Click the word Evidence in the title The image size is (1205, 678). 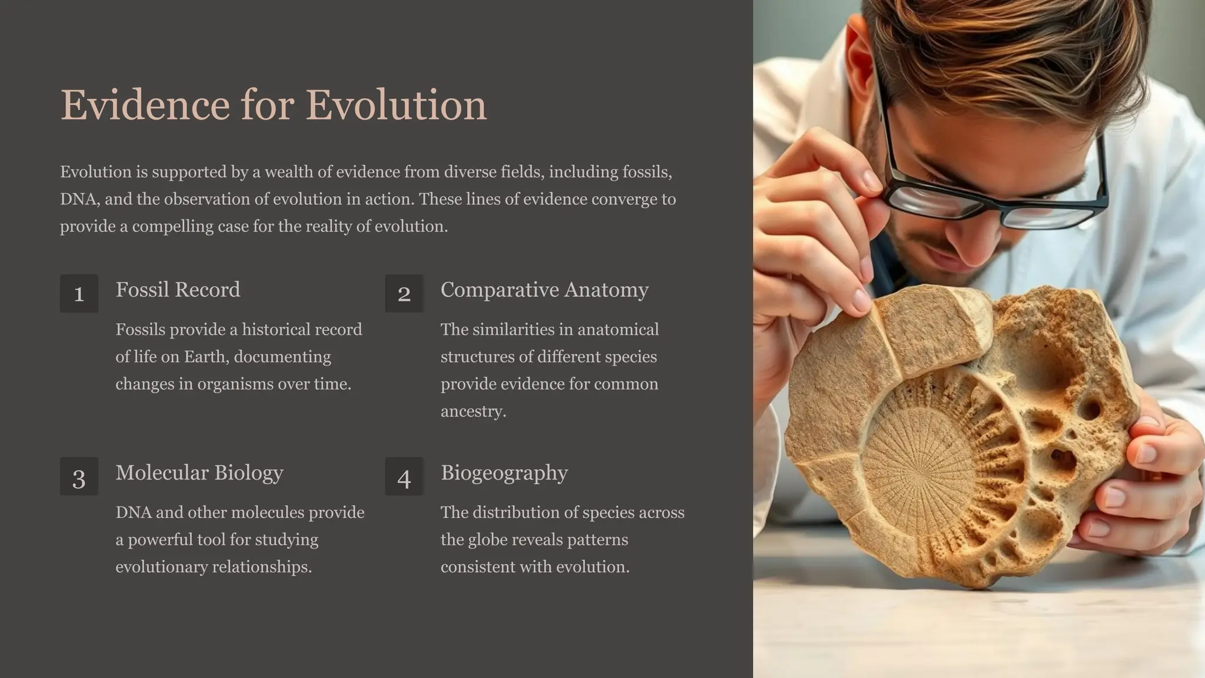pyautogui.click(x=145, y=105)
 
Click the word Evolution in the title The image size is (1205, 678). pyautogui.click(x=396, y=105)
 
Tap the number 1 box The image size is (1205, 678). pyautogui.click(x=79, y=293)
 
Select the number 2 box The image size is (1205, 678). pyautogui.click(x=404, y=293)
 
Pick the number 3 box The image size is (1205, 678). pyautogui.click(x=79, y=477)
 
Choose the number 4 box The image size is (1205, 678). pyautogui.click(x=404, y=477)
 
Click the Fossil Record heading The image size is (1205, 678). pyautogui.click(x=178, y=290)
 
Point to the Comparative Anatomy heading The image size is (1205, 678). pyautogui.click(x=544, y=290)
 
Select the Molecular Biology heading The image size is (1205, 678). pyautogui.click(x=199, y=473)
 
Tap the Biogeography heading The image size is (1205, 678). pyautogui.click(x=504, y=473)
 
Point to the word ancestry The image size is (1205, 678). pyautogui.click(x=473, y=411)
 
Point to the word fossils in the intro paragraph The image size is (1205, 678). pyautogui.click(x=647, y=172)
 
